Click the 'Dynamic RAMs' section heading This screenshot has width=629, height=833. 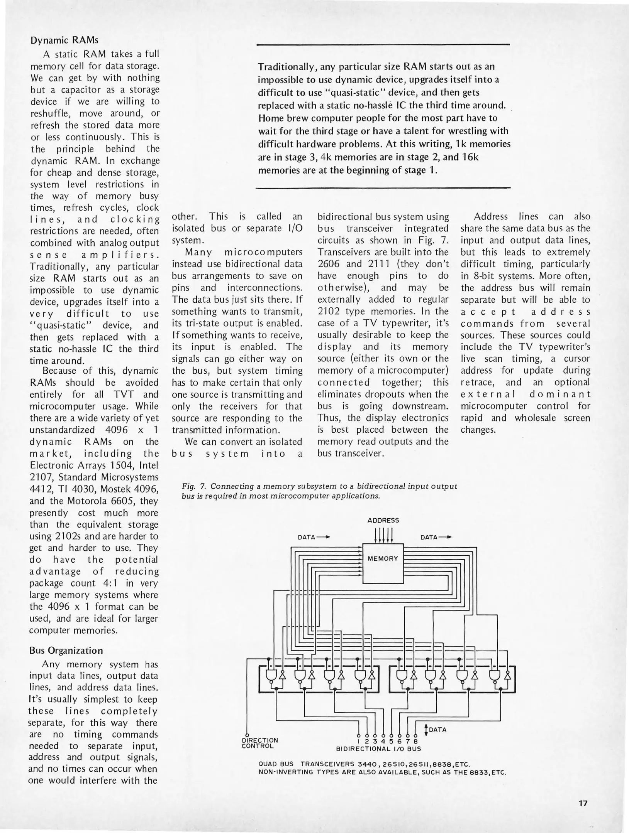click(x=64, y=40)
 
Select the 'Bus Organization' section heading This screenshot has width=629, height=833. click(x=66, y=651)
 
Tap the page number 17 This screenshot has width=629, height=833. click(x=583, y=803)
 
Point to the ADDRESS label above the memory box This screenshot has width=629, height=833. click(x=383, y=520)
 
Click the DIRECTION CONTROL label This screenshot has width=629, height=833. click(x=259, y=743)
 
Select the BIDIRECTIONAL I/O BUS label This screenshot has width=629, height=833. click(x=378, y=749)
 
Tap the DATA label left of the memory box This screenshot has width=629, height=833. click(x=307, y=537)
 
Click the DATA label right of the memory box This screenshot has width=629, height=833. click(x=429, y=537)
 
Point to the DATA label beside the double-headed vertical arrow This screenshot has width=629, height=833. click(x=437, y=730)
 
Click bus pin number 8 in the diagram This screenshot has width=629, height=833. click(x=415, y=741)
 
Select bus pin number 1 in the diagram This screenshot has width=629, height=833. click(x=359, y=741)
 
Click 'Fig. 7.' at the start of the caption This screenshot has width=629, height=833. click(x=194, y=486)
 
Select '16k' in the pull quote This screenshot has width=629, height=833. click(x=470, y=157)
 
